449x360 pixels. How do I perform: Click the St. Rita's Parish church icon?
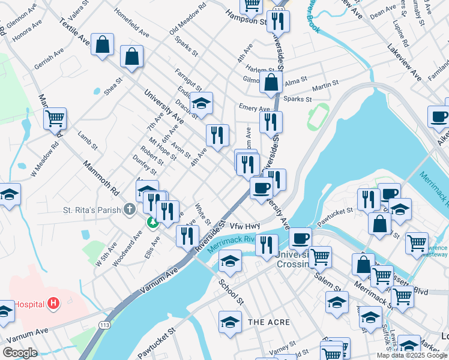128,210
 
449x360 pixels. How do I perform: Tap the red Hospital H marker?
54,304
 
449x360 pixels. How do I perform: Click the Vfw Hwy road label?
243,226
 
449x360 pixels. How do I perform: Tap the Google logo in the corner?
20,353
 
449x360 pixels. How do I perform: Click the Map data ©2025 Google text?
411,355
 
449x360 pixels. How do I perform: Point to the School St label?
231,291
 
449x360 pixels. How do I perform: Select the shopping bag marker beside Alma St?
271,82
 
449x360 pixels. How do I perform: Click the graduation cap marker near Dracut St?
202,103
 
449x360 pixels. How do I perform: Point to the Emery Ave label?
255,108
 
